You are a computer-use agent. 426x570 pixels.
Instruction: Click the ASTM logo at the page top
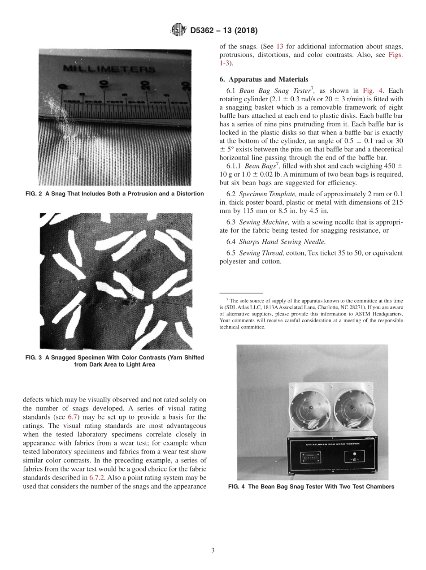178,30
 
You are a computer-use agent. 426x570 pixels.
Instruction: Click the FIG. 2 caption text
114,194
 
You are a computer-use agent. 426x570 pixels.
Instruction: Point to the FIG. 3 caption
114,361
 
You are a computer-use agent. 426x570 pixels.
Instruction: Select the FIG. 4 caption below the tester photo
311,487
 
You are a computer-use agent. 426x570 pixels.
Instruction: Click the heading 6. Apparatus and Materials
264,79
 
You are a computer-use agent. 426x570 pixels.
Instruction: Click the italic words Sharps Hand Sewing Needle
276,242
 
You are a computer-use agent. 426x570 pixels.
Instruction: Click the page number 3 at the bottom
213,550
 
